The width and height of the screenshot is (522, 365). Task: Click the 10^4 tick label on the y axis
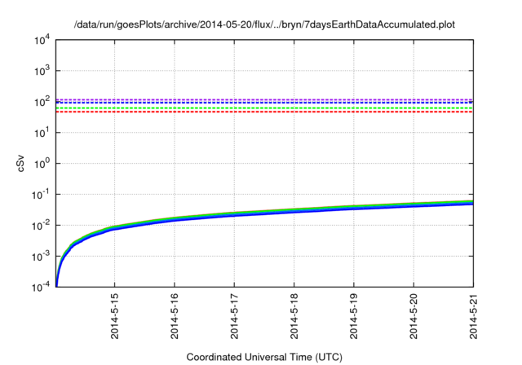pos(42,39)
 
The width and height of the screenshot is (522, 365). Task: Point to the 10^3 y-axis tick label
pos(42,70)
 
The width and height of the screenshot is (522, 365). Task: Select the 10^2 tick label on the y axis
pos(42,101)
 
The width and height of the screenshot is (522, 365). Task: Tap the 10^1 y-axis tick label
pos(42,132)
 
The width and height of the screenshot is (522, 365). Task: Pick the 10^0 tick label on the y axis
pos(42,163)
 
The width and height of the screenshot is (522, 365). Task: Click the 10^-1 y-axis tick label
pos(41,194)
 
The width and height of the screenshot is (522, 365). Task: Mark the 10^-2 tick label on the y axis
pos(41,225)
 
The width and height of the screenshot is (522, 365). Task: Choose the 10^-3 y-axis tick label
pos(41,256)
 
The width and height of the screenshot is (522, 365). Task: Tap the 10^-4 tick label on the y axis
pos(41,287)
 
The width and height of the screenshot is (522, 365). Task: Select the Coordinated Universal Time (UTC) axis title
pos(263,357)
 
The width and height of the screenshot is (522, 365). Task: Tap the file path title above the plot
pos(263,25)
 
